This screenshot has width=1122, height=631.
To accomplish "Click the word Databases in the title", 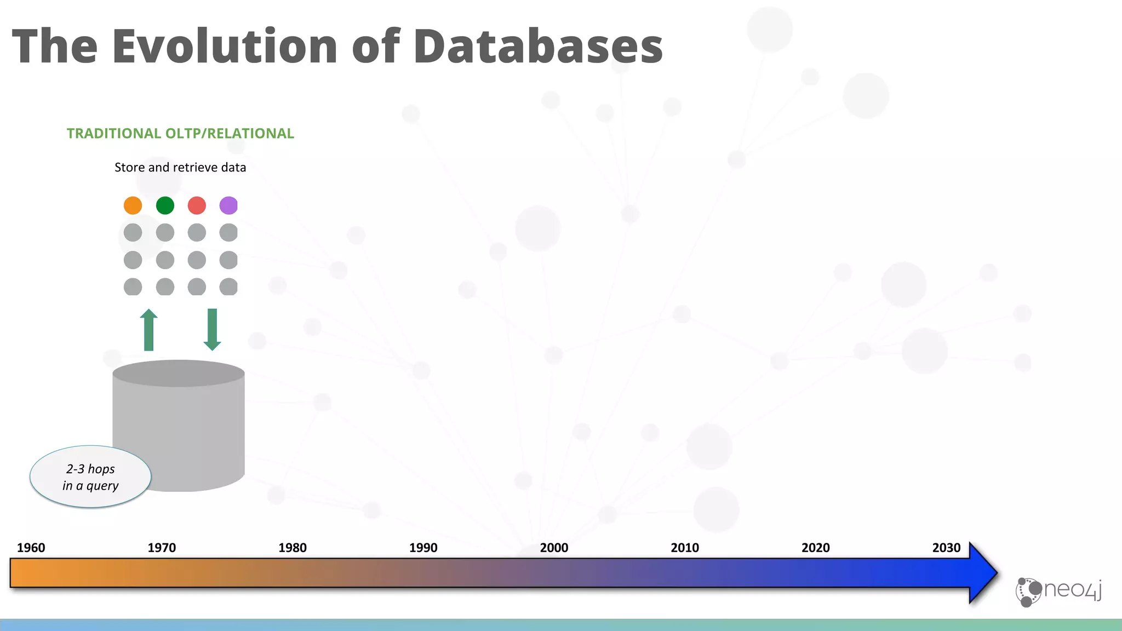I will (538, 46).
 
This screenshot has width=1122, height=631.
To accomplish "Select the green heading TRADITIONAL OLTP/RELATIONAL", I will (180, 134).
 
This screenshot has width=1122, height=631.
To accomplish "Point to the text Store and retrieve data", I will (180, 168).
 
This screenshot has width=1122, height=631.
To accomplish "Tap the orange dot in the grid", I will (133, 205).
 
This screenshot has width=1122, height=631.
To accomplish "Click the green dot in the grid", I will (165, 205).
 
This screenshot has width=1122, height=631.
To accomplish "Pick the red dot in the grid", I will (197, 205).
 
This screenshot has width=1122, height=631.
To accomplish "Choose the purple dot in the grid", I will (228, 205).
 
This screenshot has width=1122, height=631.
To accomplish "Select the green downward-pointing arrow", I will (212, 330).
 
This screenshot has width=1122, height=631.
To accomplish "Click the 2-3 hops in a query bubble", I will (90, 477).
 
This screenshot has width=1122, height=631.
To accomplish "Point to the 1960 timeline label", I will (31, 548).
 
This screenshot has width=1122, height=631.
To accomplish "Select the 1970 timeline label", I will (162, 548).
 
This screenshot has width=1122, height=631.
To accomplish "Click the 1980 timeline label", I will (293, 548).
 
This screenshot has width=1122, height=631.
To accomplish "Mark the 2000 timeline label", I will (554, 548).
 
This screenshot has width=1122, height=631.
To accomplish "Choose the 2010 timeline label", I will (685, 548).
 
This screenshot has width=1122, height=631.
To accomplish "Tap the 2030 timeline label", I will (946, 548).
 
